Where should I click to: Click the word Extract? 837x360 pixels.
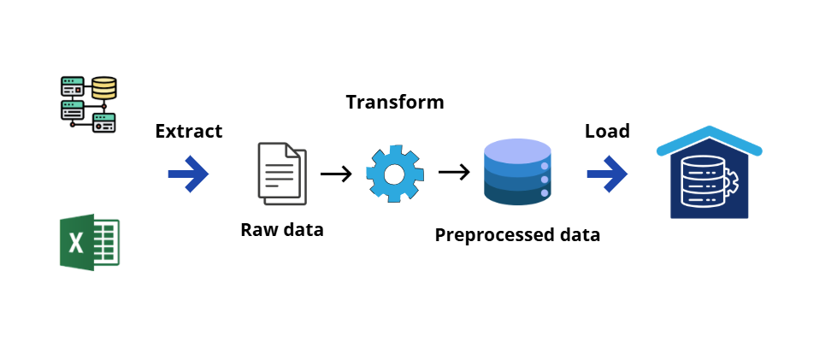[x=188, y=131]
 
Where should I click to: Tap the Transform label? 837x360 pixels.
[x=395, y=103]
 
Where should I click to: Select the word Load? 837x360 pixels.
[x=607, y=131]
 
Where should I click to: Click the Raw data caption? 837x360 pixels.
[x=282, y=229]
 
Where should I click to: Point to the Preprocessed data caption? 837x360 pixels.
[x=517, y=234]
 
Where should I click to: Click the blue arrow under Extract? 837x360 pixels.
[x=188, y=174]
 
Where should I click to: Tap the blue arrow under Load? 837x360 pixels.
[x=607, y=174]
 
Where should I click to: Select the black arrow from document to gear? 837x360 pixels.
[x=336, y=174]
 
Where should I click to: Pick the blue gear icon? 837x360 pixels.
[x=394, y=174]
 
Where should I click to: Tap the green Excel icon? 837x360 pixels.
[x=89, y=244]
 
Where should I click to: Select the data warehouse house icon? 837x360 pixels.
[x=710, y=175]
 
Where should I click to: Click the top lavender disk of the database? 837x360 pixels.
[x=517, y=151]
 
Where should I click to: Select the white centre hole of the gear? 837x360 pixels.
[x=394, y=174]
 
